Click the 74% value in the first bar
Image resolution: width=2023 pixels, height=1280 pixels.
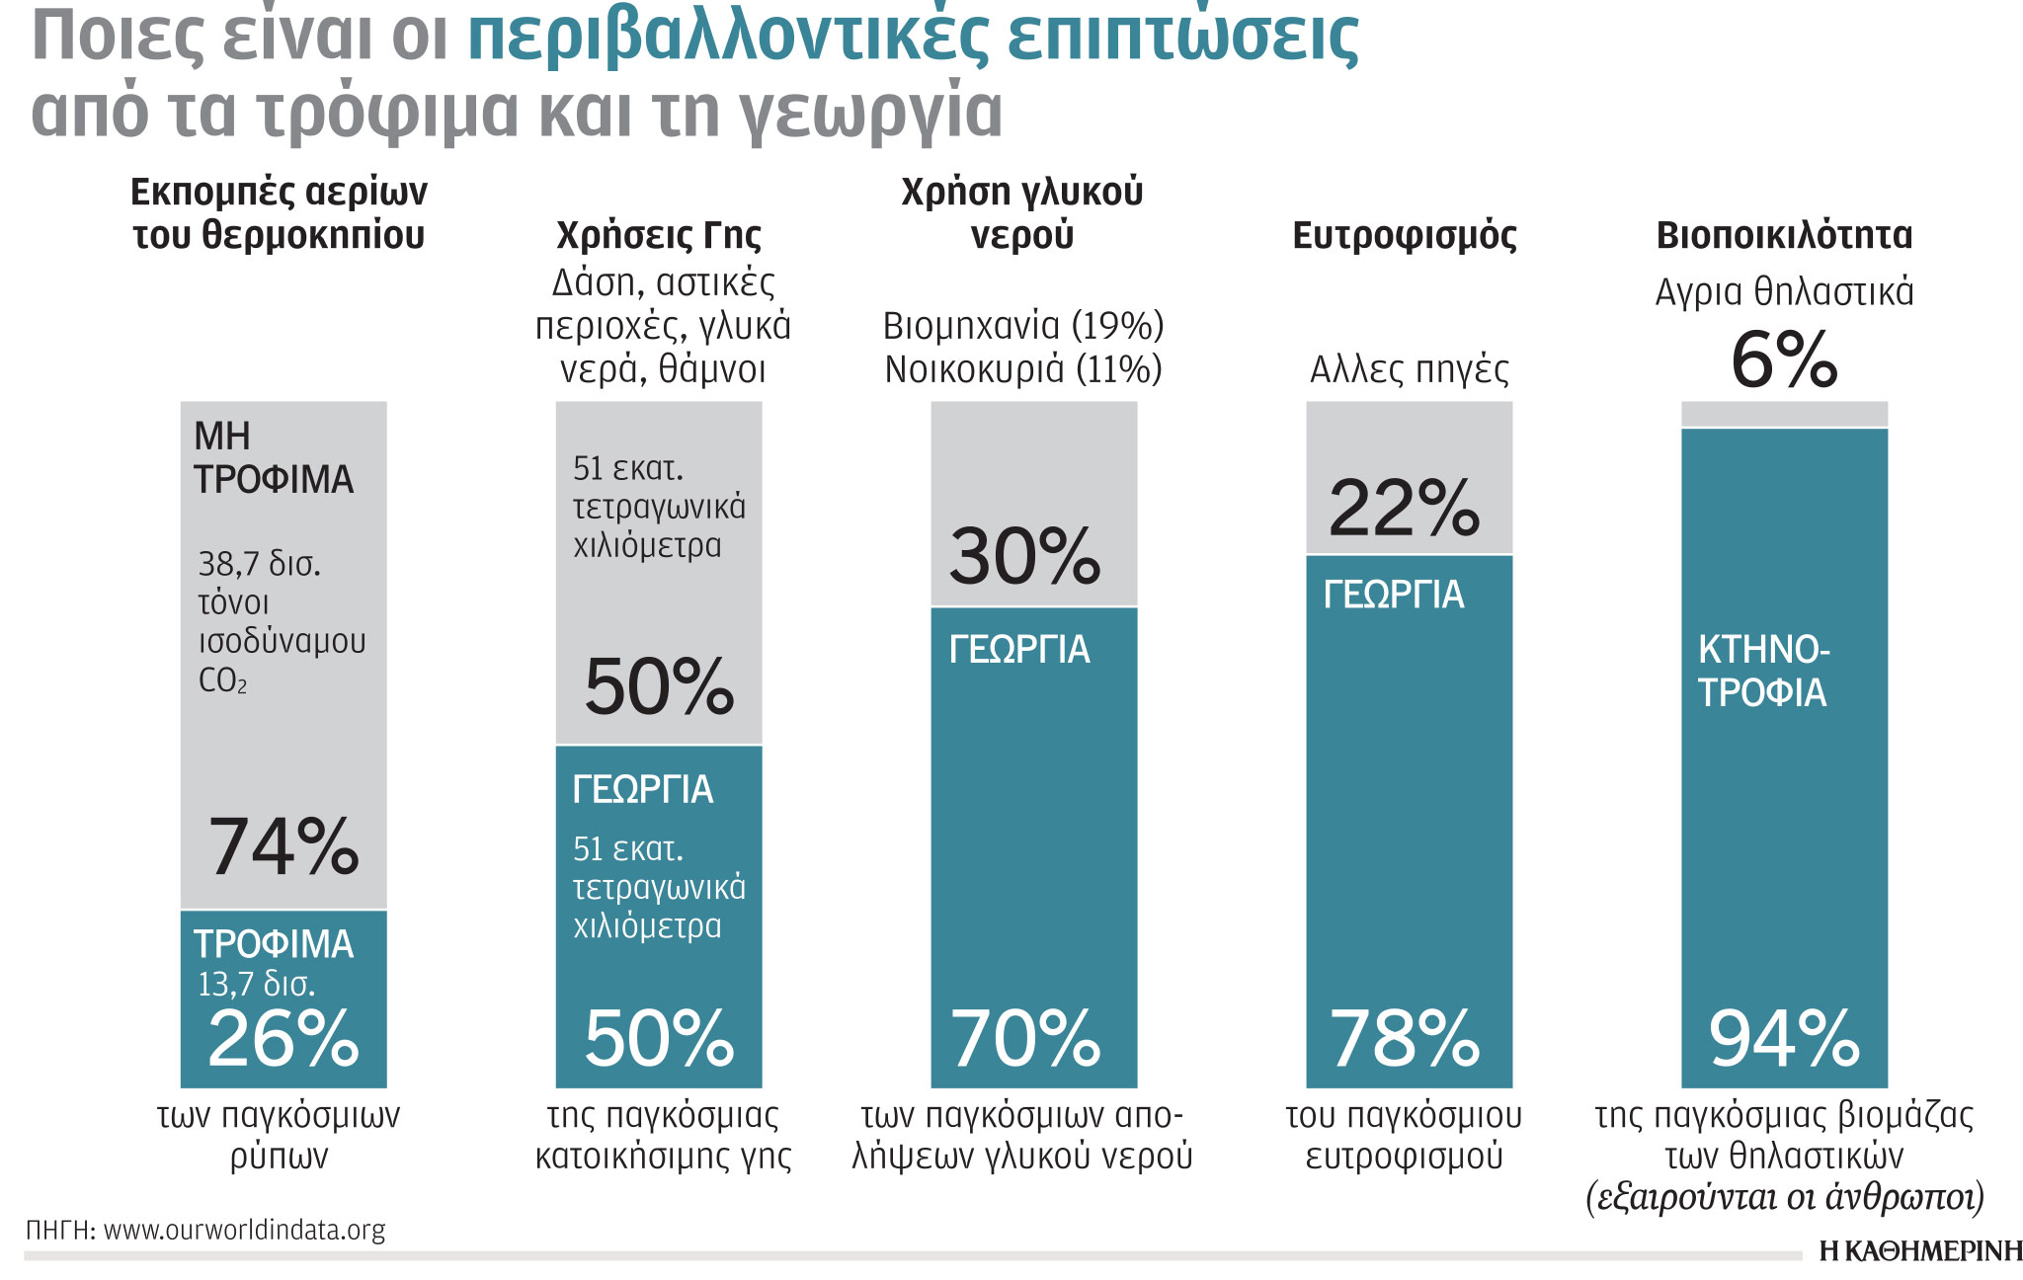[283, 847]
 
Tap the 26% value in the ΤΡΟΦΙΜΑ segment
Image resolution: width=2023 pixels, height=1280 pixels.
[283, 1039]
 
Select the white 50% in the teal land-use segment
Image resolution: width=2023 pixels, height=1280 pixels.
[659, 1039]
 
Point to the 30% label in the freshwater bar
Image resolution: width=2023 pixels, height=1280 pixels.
[1024, 556]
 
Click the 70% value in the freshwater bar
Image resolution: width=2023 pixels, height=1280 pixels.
[1025, 1039]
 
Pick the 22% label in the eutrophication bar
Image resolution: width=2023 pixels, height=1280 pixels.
[1404, 509]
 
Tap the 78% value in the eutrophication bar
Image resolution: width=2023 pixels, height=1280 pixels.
[1405, 1039]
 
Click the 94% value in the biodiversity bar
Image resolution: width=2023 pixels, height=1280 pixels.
[1784, 1039]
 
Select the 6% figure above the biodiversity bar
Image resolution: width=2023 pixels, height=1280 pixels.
[1784, 360]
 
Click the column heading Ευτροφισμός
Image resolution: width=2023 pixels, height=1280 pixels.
[1405, 236]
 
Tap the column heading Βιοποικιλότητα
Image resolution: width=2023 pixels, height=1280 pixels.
[1784, 236]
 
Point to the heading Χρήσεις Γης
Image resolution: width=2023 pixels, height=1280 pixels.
[659, 236]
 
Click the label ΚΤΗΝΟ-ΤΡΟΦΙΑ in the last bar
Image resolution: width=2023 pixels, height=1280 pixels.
[1763, 672]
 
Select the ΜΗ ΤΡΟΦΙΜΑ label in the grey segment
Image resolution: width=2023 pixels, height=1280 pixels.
[273, 458]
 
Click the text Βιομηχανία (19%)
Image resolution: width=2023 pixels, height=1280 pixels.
[1023, 326]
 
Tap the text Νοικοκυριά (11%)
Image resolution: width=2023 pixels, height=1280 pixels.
[1023, 369]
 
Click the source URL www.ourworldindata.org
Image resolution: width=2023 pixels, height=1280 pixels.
[244, 1231]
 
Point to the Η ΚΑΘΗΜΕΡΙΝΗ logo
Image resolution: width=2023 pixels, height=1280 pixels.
[1919, 1251]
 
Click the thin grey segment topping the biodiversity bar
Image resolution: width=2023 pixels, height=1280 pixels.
[1784, 413]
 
